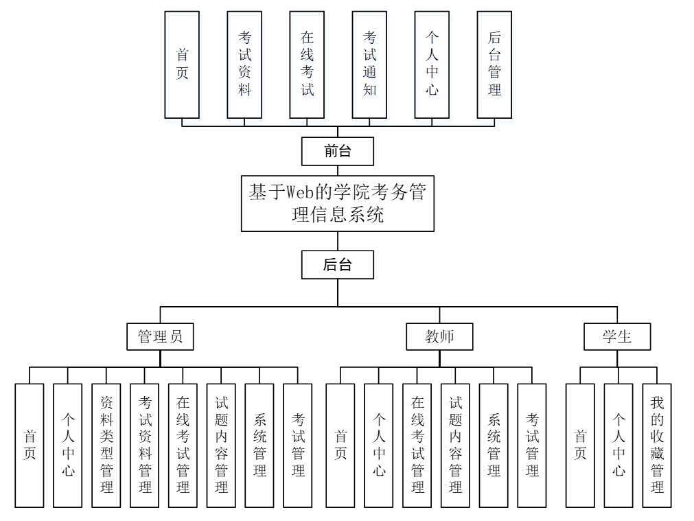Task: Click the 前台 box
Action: point(338,152)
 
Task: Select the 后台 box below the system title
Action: point(338,265)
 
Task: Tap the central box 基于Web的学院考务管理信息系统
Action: point(338,203)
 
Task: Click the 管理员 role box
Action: point(160,337)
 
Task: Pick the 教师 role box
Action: point(440,337)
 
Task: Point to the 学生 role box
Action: point(617,337)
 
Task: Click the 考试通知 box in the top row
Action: point(369,65)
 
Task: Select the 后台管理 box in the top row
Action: point(494,65)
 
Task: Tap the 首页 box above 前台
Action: point(182,65)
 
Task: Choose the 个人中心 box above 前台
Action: point(432,65)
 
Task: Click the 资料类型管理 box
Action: point(106,445)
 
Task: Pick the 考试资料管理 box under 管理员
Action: point(145,445)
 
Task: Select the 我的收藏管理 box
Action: point(657,445)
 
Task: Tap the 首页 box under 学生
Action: point(580,445)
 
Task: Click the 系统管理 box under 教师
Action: point(494,445)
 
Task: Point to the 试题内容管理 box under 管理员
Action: point(221,445)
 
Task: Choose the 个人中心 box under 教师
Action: point(379,445)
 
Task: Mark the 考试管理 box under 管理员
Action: point(298,445)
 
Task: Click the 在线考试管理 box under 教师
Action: point(417,445)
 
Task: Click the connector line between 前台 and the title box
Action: point(338,170)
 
